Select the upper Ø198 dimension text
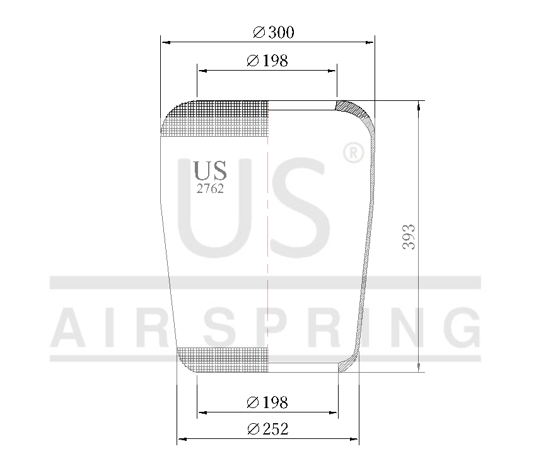coord(267,61)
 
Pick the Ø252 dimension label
coord(267,429)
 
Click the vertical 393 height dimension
coord(409,237)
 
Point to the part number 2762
coord(210,189)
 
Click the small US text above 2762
coord(210,170)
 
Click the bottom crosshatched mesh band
coord(224,358)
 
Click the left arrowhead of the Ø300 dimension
coord(166,42)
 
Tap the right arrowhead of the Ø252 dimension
coord(355,439)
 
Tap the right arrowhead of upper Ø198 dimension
coord(334,71)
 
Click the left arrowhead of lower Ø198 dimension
coord(201,413)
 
